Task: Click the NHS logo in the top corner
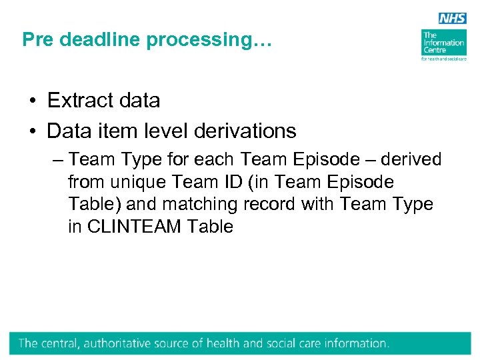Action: click(452, 19)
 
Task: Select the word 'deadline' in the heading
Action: click(99, 40)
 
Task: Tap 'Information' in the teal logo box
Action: click(443, 43)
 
